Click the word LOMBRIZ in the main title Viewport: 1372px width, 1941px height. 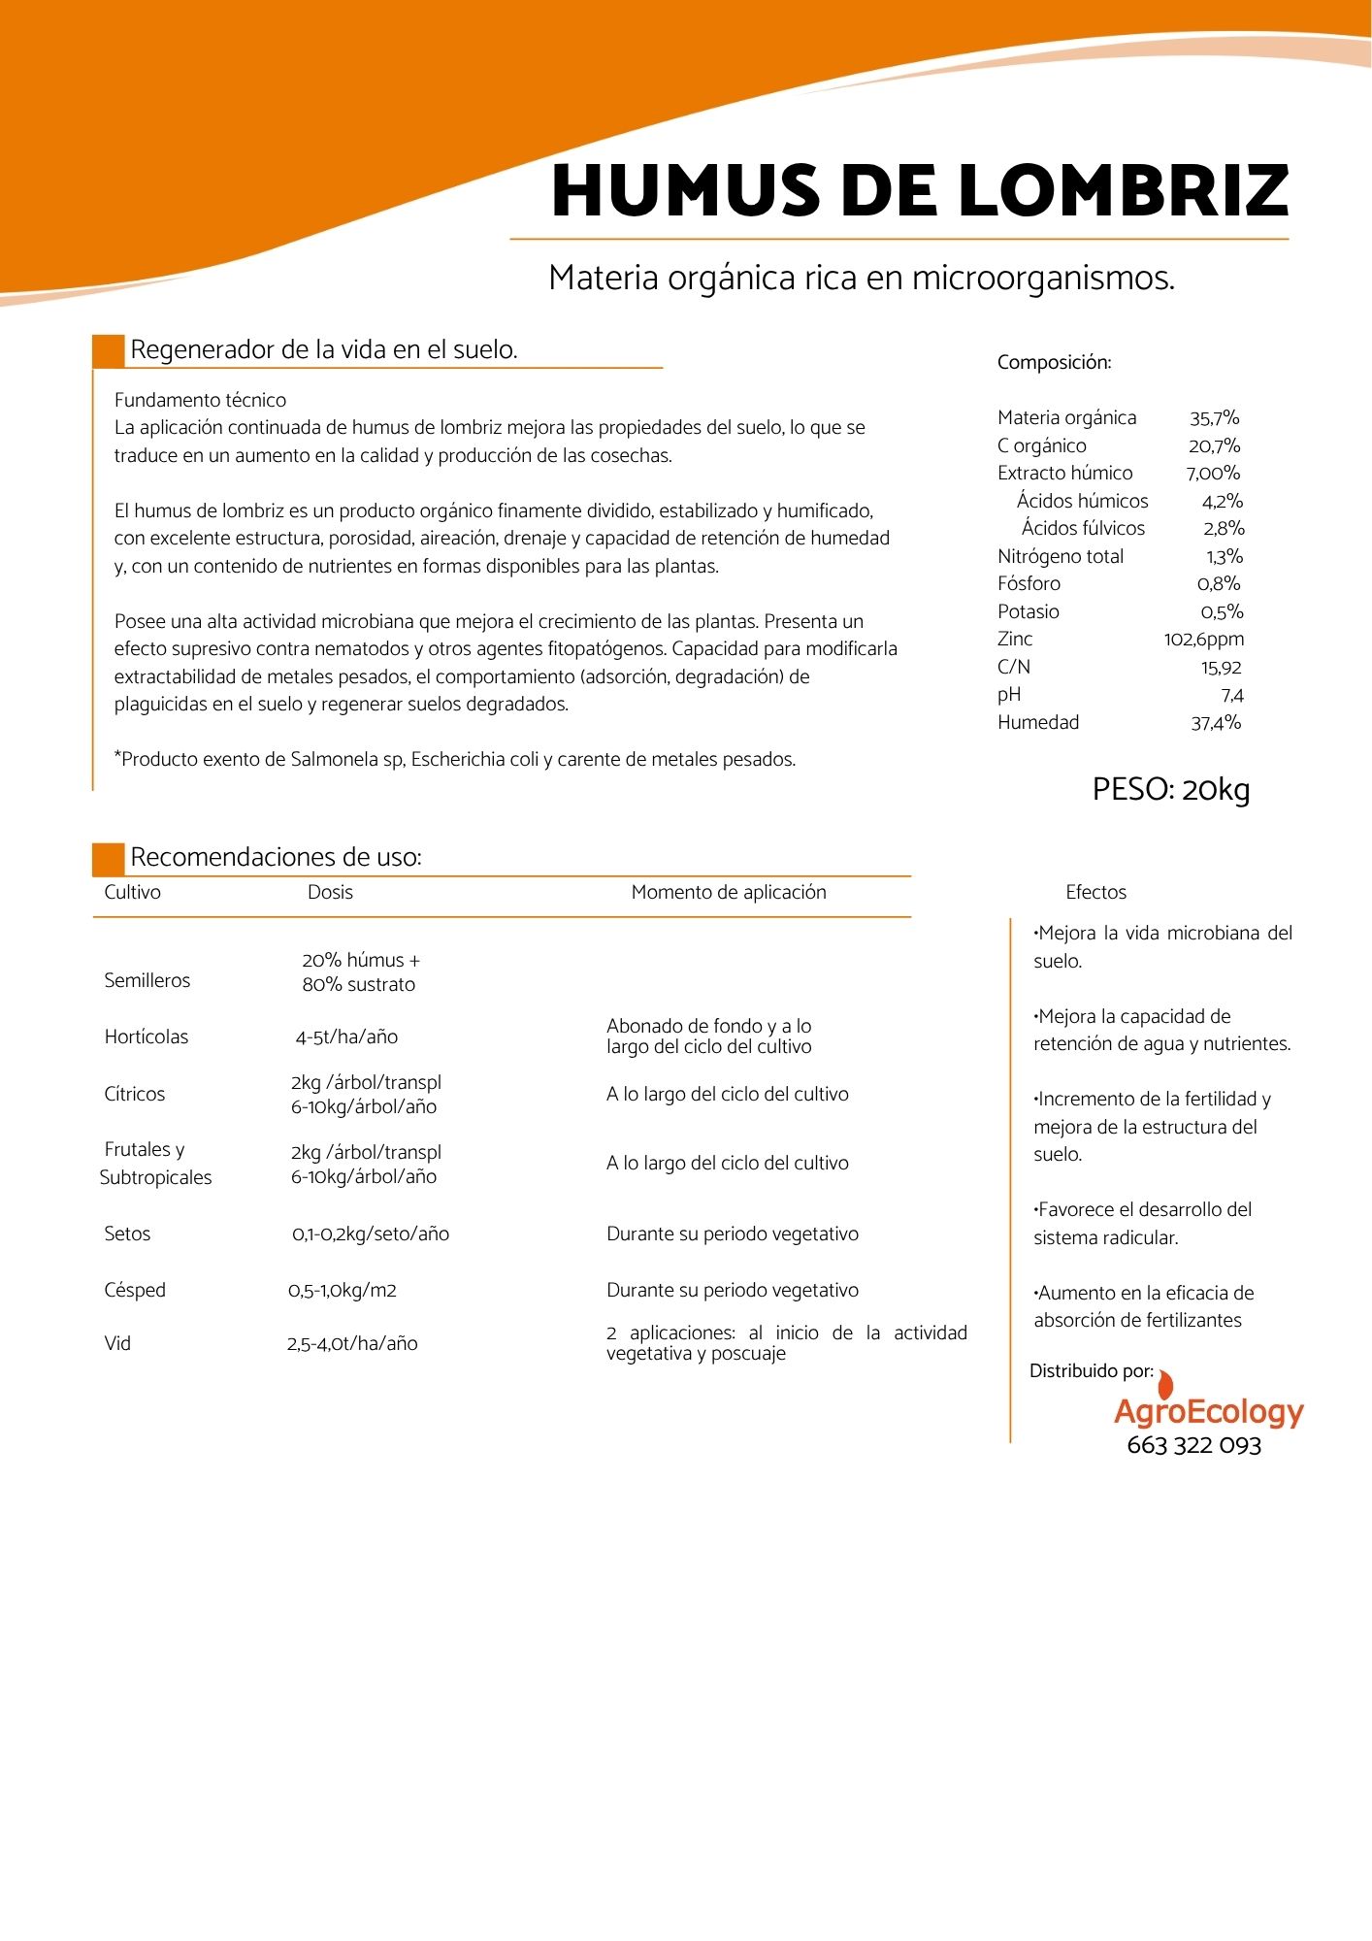pos(1123,191)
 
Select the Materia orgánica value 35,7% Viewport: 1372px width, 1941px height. pos(1214,418)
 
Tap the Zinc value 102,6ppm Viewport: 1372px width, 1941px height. pos(1203,640)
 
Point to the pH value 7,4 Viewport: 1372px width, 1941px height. pos(1231,695)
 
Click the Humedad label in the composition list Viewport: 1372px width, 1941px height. pos(1037,722)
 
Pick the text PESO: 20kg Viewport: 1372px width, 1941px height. pos(1170,789)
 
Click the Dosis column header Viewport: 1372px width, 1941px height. pos(330,892)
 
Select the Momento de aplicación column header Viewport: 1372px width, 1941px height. pos(728,892)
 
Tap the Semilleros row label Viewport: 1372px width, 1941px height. pos(147,980)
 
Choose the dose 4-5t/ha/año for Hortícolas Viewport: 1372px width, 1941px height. pos(346,1036)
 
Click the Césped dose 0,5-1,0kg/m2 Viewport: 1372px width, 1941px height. pos(342,1291)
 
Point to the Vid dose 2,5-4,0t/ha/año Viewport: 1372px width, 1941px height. pos(351,1344)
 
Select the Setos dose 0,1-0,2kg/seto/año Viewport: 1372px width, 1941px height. pos(370,1234)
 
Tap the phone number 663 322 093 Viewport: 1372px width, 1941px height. pos(1193,1446)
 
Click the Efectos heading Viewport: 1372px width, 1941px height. pos(1095,892)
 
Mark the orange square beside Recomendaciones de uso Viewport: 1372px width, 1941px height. pos(109,859)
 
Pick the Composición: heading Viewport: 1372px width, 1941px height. pos(1054,363)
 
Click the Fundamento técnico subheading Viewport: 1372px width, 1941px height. pos(200,400)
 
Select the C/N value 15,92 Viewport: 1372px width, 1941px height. pos(1221,668)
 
